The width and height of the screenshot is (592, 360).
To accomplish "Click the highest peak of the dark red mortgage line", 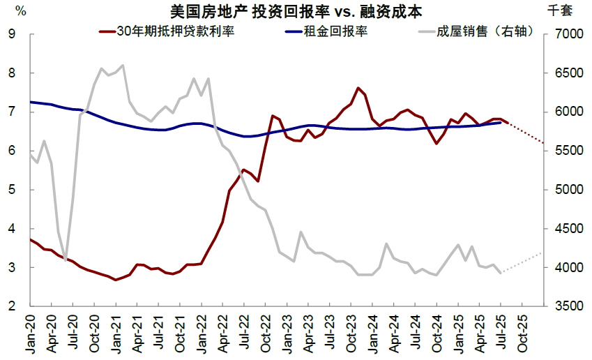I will tap(358, 88).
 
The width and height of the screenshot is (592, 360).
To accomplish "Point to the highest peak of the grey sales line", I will tap(123, 66).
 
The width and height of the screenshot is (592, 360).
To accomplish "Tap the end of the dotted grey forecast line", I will tap(542, 253).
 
